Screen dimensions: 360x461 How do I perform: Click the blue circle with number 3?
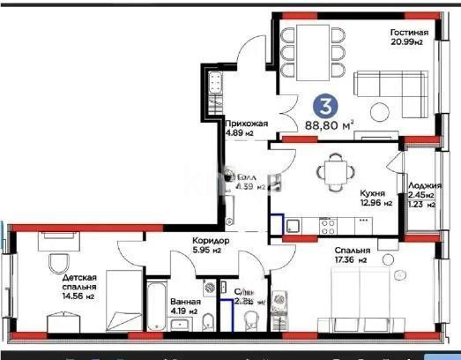tap(327, 106)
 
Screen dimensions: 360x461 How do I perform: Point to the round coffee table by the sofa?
tap(379, 112)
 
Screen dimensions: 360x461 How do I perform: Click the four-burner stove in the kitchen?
tap(328, 226)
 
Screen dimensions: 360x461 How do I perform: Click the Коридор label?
tap(212, 241)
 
